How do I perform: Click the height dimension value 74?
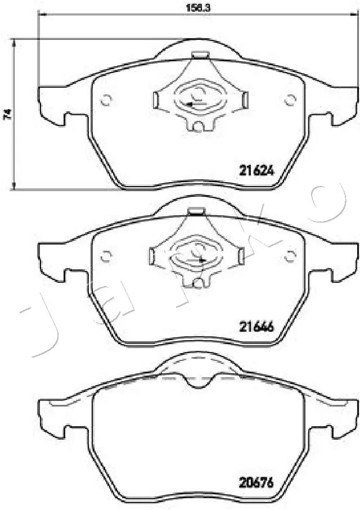(7, 114)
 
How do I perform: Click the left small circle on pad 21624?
(104, 101)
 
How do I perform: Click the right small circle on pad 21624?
(290, 101)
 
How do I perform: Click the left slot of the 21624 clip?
(156, 100)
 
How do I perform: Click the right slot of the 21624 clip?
(244, 100)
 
